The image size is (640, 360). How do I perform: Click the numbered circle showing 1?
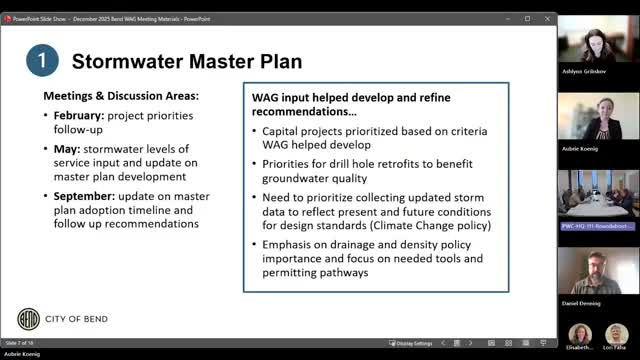[40, 60]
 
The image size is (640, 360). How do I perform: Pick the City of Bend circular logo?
[31, 320]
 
